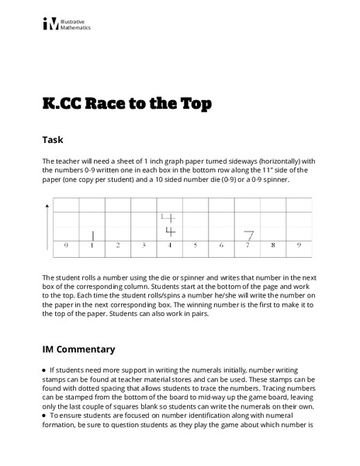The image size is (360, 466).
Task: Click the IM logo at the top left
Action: [x=50, y=24]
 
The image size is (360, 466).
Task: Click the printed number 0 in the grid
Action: [x=66, y=245]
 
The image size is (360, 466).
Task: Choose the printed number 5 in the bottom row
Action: [x=196, y=245]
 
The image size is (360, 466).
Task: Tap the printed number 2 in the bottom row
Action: [x=118, y=245]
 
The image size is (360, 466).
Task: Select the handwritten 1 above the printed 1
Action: [x=92, y=235]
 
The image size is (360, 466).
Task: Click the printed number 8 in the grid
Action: [x=272, y=245]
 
